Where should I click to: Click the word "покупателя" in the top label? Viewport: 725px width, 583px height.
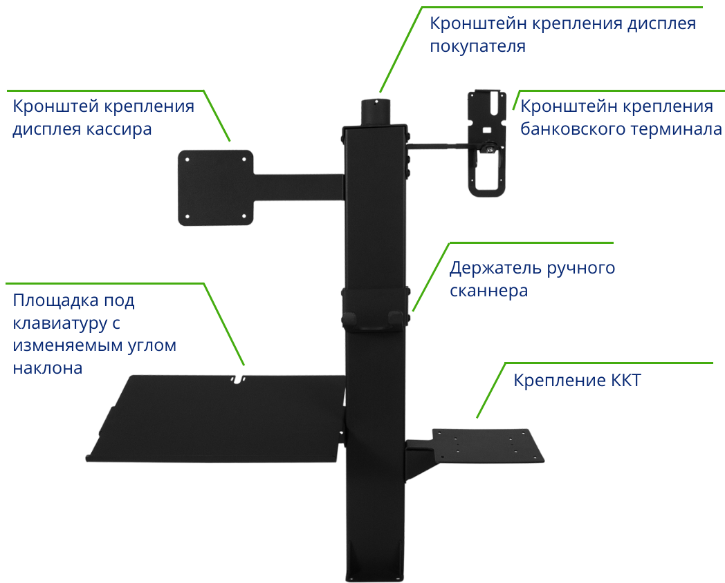point(477,47)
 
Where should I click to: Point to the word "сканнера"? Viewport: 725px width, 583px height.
point(488,291)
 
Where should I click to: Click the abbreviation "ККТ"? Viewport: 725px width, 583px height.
point(625,381)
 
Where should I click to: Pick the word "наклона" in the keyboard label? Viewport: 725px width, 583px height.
point(48,367)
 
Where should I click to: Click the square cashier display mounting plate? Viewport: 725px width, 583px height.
point(216,187)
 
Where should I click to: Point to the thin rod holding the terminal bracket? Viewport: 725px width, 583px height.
point(439,145)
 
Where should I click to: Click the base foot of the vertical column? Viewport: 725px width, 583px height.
point(374,560)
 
